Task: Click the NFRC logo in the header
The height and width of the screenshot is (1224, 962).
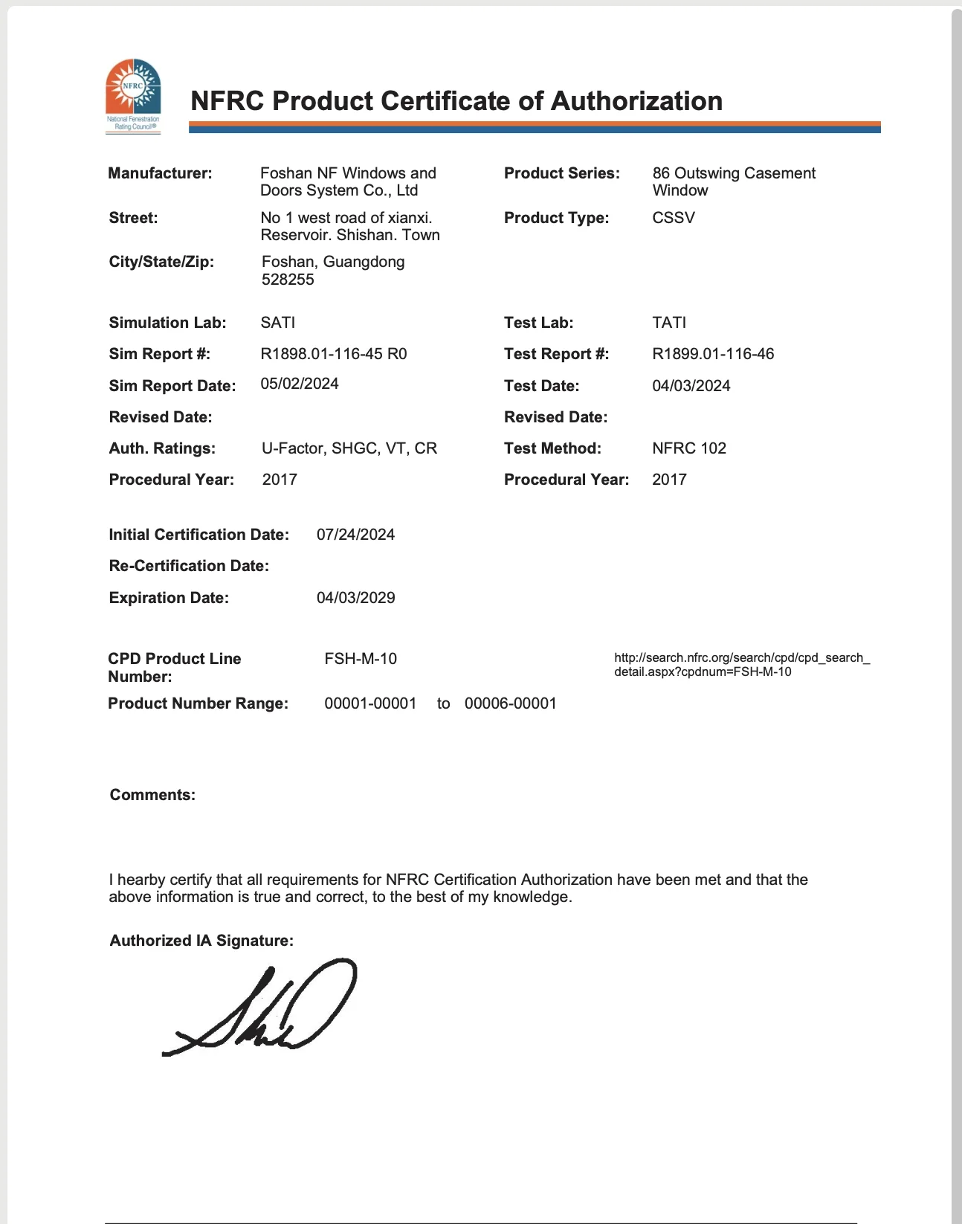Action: [134, 95]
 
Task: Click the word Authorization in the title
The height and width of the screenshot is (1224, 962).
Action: [636, 101]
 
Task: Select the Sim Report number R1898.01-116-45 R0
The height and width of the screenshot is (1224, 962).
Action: [334, 354]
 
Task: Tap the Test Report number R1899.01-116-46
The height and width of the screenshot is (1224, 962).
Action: [713, 354]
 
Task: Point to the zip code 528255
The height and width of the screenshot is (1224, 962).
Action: [288, 280]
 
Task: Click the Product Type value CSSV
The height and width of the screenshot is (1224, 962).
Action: [674, 218]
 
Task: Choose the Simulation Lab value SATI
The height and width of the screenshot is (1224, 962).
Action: [278, 323]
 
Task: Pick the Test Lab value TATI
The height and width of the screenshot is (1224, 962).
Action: [669, 323]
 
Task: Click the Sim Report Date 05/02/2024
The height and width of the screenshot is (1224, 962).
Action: [300, 384]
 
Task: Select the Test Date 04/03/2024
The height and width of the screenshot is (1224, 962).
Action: [691, 386]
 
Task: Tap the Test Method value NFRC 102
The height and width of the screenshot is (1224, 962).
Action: [689, 448]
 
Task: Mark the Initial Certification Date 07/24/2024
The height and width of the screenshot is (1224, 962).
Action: [355, 535]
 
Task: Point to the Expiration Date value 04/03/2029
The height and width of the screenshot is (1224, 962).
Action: [355, 598]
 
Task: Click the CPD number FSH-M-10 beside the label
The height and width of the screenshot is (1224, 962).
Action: [361, 659]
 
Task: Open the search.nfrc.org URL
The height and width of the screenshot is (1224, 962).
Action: [741, 665]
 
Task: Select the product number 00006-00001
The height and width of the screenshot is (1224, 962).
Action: [511, 703]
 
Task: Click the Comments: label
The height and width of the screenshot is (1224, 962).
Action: [152, 795]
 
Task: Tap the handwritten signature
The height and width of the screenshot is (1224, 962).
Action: [260, 1008]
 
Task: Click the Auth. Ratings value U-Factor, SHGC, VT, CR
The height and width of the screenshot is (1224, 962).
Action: [349, 448]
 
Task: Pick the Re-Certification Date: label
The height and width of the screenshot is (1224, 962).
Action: [189, 566]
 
